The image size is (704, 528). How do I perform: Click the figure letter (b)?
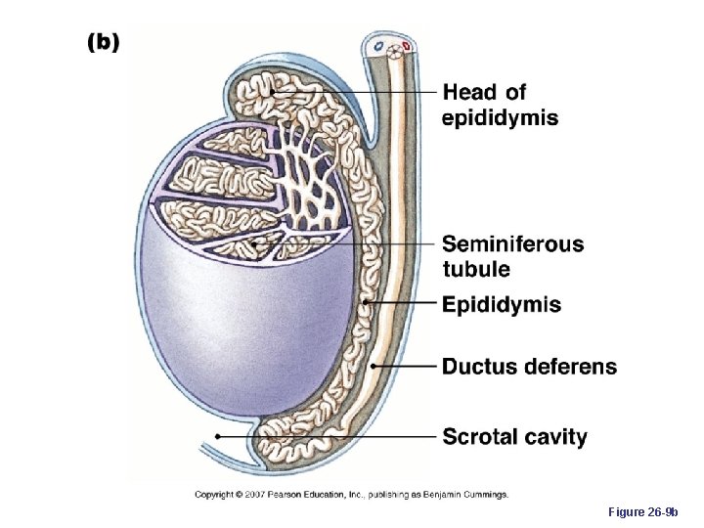click(105, 42)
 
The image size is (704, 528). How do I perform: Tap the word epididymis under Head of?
click(501, 118)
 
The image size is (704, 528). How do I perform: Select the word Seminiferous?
click(512, 243)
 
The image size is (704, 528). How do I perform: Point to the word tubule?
click(475, 269)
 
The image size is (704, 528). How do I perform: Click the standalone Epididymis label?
click(502, 305)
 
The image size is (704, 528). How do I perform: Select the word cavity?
click(555, 436)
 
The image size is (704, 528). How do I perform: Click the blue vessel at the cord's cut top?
click(376, 45)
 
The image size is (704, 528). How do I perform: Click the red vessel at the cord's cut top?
click(406, 45)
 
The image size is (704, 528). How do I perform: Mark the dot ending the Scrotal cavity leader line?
click(217, 434)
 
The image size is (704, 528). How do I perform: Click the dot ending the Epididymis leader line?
click(364, 304)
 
